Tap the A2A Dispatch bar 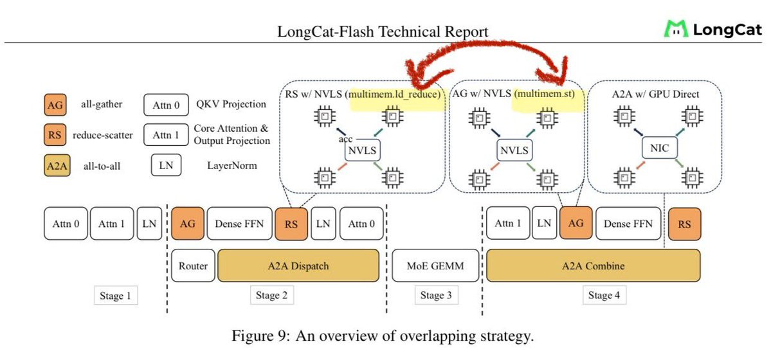297,265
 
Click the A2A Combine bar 592,265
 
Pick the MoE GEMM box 435,265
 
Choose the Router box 193,265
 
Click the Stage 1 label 116,296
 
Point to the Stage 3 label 435,296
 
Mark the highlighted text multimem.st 547,94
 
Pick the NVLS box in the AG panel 514,150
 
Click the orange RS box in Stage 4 684,224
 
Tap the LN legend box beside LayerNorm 165,165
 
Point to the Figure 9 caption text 385,336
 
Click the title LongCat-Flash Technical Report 383,32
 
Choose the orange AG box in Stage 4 576,224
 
